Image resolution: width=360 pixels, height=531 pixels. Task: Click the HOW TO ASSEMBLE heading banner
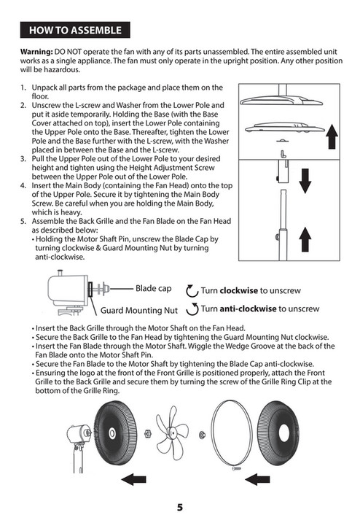click(x=75, y=31)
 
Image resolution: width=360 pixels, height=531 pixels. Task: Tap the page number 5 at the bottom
click(x=179, y=508)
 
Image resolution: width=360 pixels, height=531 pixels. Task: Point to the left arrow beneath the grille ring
click(x=259, y=479)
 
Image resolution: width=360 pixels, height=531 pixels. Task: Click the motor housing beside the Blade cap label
click(x=64, y=290)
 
